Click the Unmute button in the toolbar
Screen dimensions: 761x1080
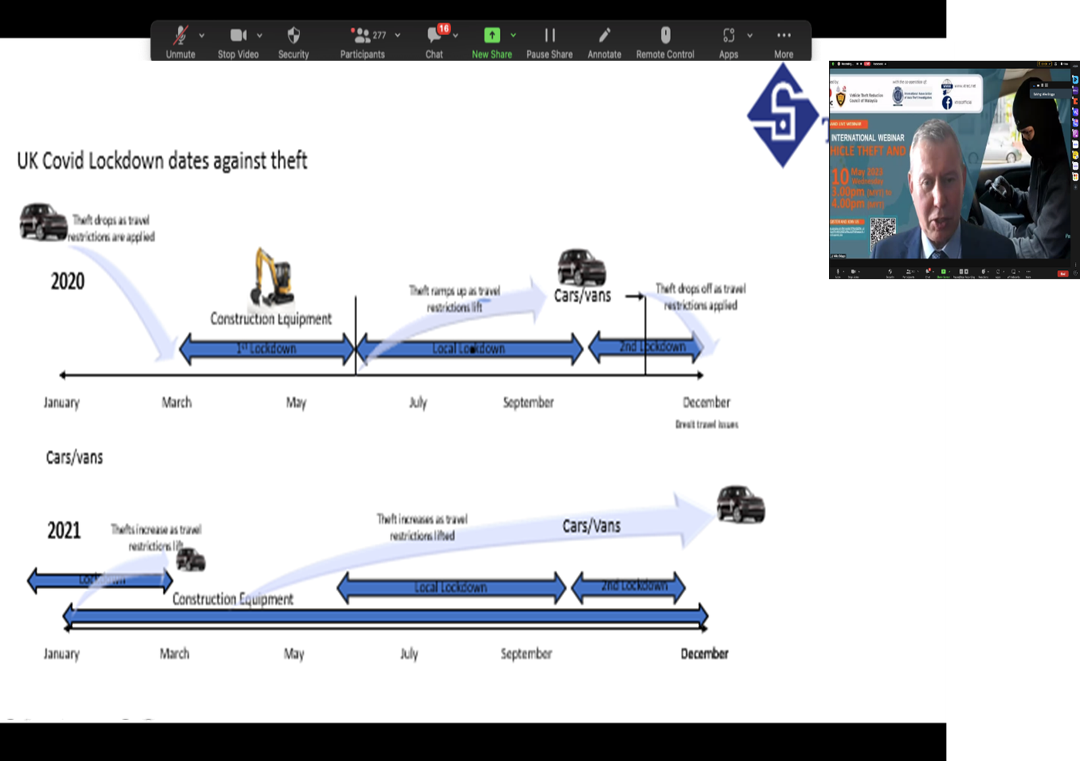(x=180, y=42)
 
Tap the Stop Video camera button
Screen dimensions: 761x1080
(x=238, y=42)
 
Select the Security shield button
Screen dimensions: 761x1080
(x=294, y=42)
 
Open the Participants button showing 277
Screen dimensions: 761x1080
(x=363, y=42)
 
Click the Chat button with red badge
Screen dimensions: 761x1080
(x=435, y=42)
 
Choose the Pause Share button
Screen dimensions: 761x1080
(x=549, y=42)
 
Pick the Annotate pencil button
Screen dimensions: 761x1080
(x=604, y=42)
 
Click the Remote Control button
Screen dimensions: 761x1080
(x=665, y=42)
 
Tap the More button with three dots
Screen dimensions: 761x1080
(x=784, y=42)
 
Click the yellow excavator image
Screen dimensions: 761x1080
(x=273, y=277)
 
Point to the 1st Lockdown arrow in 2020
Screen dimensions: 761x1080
(x=267, y=349)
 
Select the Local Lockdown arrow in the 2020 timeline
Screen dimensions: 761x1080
(x=468, y=349)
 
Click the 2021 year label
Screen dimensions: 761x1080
(x=64, y=530)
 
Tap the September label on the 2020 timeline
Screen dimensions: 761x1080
(x=528, y=403)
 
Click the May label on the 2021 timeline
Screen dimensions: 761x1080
(x=294, y=654)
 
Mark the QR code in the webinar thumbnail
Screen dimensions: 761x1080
(x=882, y=231)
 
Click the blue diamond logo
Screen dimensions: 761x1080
(x=782, y=115)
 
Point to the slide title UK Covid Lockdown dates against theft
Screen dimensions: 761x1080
(x=162, y=161)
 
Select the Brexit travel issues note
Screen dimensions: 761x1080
(x=707, y=424)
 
